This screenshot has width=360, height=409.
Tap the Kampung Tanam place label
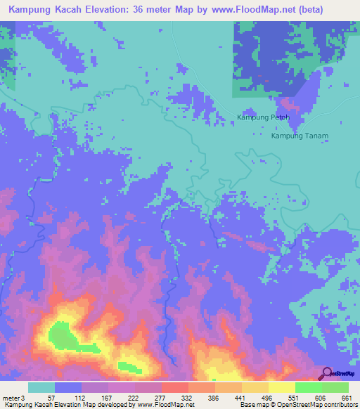point(300,136)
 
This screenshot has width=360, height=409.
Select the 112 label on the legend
point(81,397)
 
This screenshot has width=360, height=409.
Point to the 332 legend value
point(188,397)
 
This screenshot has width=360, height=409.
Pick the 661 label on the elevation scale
point(347,397)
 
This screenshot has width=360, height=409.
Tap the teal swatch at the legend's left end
point(41,387)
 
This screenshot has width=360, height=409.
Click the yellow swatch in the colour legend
point(281,387)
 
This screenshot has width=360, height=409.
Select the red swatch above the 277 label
point(174,387)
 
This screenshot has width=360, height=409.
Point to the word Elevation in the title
point(108,9)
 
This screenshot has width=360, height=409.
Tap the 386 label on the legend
point(214,397)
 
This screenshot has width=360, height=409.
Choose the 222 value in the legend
point(134,397)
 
